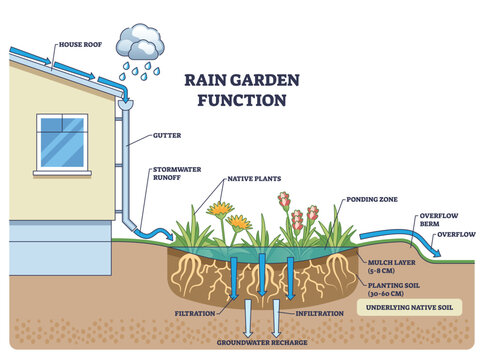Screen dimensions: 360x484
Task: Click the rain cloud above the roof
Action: coord(137,42)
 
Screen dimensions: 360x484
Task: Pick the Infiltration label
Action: coord(318,312)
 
